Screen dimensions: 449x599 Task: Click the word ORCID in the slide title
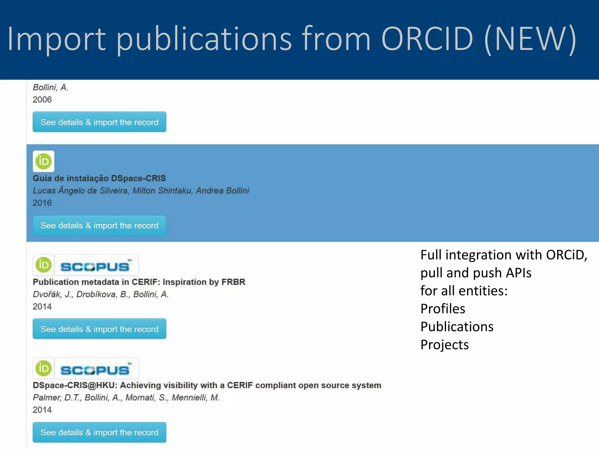pos(427,39)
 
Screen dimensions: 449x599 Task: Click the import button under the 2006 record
pos(99,122)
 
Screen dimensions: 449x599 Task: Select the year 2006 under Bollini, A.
pos(42,100)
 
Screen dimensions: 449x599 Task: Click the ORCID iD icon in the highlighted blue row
pos(44,161)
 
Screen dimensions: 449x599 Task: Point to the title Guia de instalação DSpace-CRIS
pos(99,178)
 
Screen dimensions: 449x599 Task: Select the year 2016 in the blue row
pos(42,203)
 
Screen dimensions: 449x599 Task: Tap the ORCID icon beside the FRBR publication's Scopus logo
pos(44,265)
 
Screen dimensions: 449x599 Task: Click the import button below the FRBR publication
pos(99,329)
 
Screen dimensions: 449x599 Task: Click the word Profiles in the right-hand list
pos(443,309)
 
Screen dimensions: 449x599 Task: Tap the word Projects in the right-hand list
pos(444,345)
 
